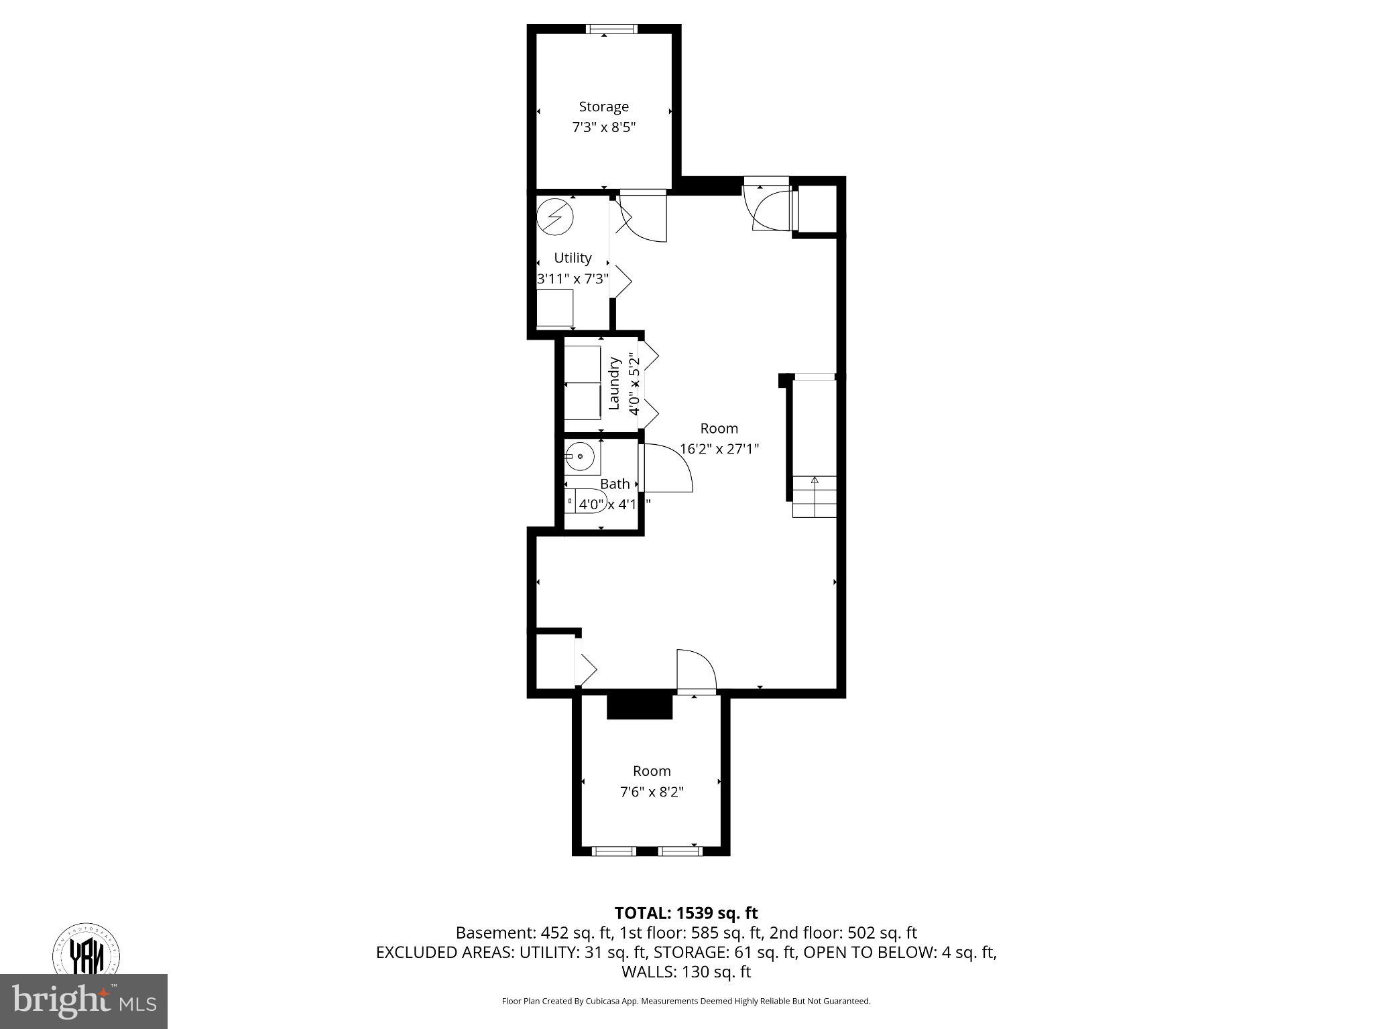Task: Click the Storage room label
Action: pos(603,107)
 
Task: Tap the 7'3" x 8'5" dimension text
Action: pos(603,127)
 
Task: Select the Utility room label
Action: pos(573,258)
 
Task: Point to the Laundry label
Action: pos(613,383)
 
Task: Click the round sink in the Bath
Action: pos(580,457)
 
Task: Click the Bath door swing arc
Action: pos(670,466)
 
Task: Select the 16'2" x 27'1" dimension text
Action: pos(719,449)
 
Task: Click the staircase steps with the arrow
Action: pos(815,496)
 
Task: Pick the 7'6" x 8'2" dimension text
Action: pos(651,792)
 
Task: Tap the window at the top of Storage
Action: pos(610,29)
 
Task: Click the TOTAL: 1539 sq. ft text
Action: pos(686,913)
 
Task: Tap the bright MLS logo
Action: pos(84,1001)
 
